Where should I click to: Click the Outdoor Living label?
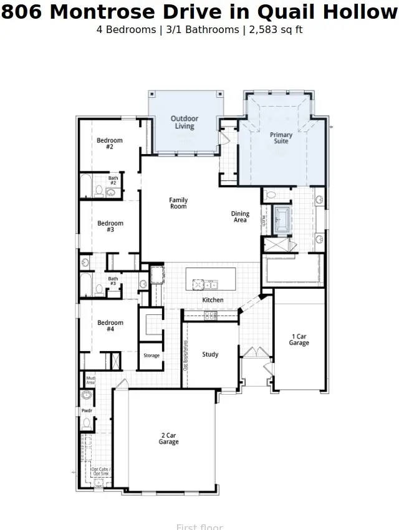[184, 122]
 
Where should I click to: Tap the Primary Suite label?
[281, 138]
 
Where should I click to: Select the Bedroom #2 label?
[110, 143]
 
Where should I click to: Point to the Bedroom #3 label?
[110, 226]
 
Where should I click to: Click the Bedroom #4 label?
[110, 325]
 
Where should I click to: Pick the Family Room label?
[178, 203]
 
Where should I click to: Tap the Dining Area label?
[240, 217]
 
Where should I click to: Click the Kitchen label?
[213, 301]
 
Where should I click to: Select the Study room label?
[210, 355]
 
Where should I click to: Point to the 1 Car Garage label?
[299, 340]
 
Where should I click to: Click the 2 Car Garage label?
[168, 439]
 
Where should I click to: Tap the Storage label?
[151, 356]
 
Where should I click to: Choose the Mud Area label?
[90, 380]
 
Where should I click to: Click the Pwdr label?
[87, 411]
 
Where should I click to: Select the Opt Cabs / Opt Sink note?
[100, 471]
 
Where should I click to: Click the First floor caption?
[199, 527]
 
